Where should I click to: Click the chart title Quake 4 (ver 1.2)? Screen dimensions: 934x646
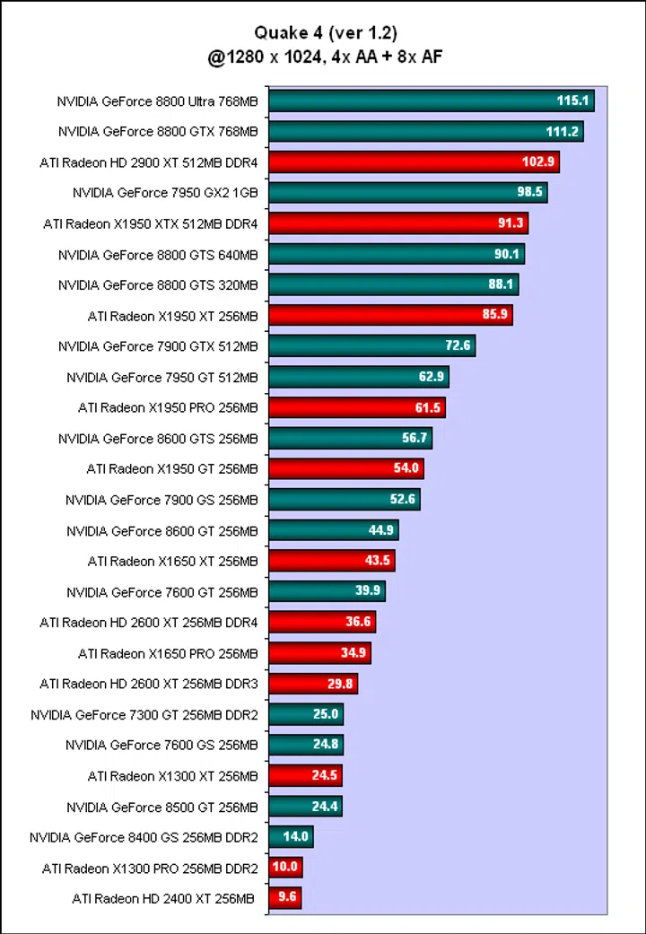(324, 33)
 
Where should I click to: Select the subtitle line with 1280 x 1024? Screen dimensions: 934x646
(324, 56)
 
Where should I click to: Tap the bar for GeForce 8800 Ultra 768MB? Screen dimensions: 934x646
(431, 101)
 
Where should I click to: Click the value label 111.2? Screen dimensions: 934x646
(563, 132)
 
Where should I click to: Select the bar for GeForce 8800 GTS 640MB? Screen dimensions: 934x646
(396, 254)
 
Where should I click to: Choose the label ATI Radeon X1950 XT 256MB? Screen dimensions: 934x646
(172, 315)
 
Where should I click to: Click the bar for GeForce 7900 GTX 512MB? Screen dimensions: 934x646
(371, 345)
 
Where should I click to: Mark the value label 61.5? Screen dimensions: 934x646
(427, 407)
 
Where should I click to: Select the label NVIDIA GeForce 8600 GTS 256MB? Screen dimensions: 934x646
(158, 439)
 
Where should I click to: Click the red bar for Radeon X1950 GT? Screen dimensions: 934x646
(345, 468)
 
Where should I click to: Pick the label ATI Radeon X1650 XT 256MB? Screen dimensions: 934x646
(172, 562)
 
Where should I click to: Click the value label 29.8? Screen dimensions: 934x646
(341, 684)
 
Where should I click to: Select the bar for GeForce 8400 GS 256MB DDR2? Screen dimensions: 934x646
(291, 837)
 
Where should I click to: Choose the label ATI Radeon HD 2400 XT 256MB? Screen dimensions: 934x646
(163, 898)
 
